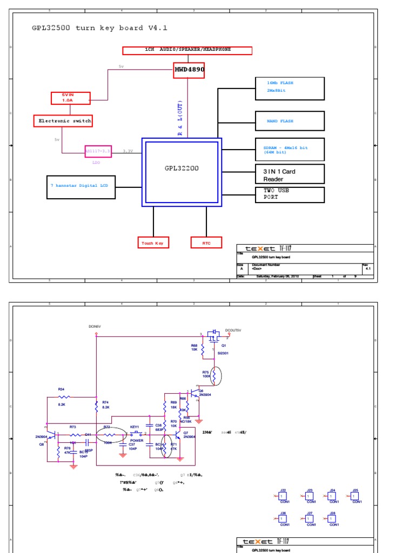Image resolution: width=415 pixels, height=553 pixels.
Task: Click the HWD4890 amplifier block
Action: click(189, 70)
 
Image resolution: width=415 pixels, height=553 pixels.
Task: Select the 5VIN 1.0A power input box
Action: click(70, 98)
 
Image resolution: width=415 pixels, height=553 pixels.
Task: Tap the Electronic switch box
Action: click(63, 121)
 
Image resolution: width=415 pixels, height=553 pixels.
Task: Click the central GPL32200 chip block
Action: click(182, 172)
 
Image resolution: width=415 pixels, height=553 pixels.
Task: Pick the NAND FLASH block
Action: click(290, 122)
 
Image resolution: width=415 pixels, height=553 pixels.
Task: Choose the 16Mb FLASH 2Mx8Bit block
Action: click(290, 88)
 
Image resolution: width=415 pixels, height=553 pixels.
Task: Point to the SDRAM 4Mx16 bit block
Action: click(290, 149)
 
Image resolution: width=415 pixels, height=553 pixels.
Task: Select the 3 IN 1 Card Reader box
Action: click(290, 175)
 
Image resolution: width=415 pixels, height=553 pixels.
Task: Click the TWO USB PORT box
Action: click(290, 194)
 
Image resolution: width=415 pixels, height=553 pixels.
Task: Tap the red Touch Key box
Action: click(152, 244)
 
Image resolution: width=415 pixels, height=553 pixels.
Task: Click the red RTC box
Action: click(206, 244)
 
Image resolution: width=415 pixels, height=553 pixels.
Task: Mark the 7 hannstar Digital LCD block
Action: click(81, 187)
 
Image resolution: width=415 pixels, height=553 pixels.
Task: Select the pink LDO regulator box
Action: click(98, 151)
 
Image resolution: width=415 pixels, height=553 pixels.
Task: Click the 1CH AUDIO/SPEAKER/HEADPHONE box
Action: click(188, 50)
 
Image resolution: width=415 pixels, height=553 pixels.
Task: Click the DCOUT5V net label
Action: click(233, 330)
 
